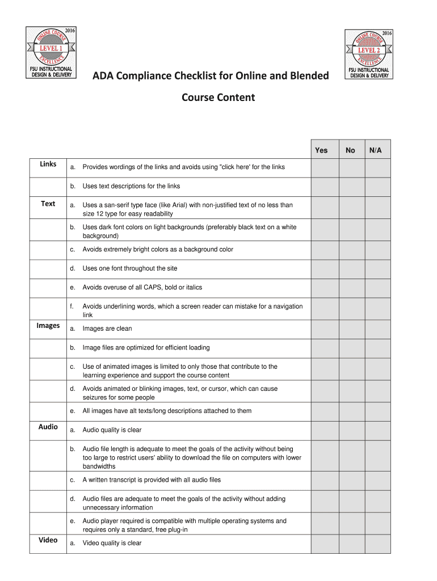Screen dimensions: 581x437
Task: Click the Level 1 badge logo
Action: point(51,53)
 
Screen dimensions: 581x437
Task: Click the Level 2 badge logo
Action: point(369,53)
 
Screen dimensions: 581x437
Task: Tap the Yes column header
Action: point(321,150)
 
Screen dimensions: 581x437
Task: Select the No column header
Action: point(350,150)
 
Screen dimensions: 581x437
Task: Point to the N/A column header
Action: point(376,150)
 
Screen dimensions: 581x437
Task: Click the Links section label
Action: point(48,164)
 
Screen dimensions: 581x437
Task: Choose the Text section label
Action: point(48,204)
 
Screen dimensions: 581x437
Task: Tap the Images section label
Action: point(48,326)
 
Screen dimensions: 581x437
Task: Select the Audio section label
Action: point(48,427)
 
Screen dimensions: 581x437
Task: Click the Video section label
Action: point(48,540)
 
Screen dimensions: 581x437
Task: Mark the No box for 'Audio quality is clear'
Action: point(352,430)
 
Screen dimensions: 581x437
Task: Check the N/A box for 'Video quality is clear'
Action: point(377,543)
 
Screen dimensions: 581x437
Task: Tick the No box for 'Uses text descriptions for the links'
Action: point(352,186)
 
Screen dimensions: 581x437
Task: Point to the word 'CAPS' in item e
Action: point(149,288)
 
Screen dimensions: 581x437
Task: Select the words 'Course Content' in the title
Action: point(218,98)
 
